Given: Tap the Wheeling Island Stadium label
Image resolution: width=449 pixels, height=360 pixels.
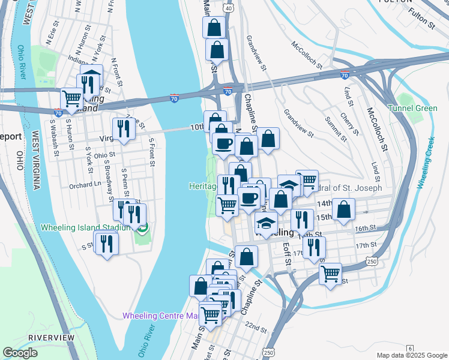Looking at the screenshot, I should [x=86, y=227].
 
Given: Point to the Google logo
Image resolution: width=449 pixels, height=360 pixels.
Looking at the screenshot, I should [x=20, y=352].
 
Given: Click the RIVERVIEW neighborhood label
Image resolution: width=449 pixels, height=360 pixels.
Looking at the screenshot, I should [x=52, y=338].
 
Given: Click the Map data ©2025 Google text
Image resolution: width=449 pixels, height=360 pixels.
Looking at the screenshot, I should [x=412, y=355].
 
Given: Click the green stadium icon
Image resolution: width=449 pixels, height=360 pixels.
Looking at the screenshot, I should [x=142, y=227].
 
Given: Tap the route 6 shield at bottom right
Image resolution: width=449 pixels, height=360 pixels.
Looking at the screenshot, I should [x=410, y=349].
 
